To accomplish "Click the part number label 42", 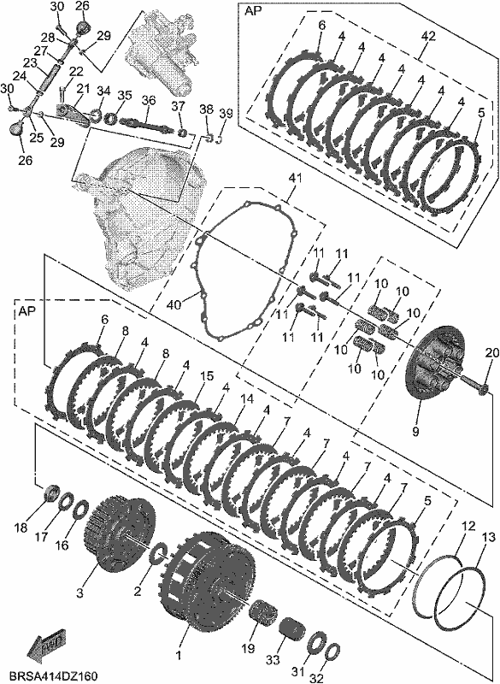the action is click(x=427, y=37).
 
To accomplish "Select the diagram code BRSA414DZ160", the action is click(x=54, y=675).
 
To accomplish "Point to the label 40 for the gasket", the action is click(x=174, y=304).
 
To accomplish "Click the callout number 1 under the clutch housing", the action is click(x=178, y=655).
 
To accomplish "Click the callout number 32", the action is click(x=316, y=678).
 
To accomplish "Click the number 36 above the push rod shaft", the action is click(x=149, y=100).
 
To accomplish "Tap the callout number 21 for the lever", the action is click(x=83, y=89).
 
